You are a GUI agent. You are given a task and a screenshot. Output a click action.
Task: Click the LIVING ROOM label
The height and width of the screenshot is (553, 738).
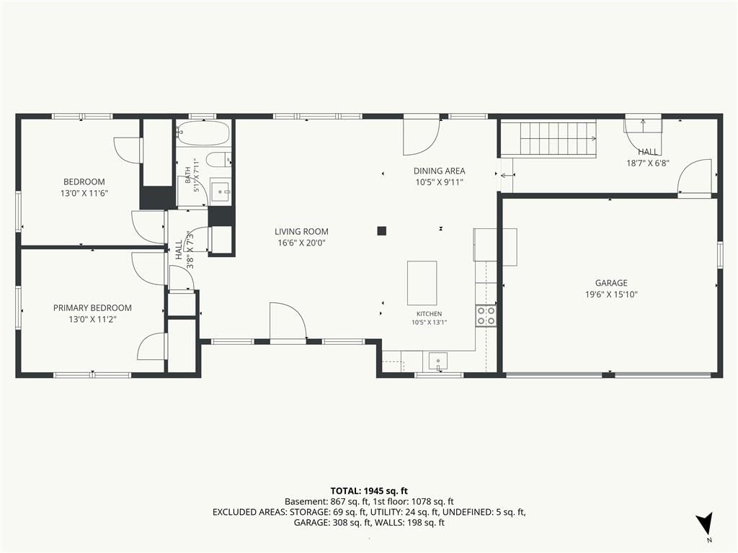point(301,231)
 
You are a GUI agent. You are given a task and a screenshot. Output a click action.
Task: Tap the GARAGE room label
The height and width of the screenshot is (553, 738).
point(611,282)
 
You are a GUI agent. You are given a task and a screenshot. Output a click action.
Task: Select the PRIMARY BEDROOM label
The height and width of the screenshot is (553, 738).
point(92,308)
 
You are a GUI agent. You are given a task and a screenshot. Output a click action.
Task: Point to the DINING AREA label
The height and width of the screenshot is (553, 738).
point(439,171)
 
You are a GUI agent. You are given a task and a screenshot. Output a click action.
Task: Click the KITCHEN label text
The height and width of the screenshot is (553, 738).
point(430,314)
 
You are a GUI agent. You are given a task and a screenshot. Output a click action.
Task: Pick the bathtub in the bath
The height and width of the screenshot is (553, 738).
point(203,133)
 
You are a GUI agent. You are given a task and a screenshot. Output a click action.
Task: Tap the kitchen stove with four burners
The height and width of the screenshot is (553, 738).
point(486,315)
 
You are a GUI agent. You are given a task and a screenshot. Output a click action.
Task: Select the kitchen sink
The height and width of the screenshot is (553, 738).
point(438,362)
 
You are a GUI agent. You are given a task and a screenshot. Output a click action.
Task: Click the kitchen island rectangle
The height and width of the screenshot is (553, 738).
point(422,283)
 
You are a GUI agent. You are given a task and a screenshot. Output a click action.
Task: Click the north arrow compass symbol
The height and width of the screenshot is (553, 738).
point(704,523)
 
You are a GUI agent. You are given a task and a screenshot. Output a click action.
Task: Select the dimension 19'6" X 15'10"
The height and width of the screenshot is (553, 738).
point(611,295)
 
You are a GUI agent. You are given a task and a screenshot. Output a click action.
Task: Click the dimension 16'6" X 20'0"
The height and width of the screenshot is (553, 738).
point(301,243)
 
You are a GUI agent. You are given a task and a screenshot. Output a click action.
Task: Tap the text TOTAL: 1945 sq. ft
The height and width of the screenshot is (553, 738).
point(369,491)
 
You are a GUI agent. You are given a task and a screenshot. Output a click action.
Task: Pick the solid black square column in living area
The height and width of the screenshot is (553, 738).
point(382,230)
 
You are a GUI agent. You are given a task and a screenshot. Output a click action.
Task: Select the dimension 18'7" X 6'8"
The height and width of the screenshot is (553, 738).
point(648,163)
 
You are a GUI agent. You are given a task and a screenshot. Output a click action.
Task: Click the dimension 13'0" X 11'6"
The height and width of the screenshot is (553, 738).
point(84,193)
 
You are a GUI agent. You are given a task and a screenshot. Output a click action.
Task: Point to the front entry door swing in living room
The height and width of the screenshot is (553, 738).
point(288,320)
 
